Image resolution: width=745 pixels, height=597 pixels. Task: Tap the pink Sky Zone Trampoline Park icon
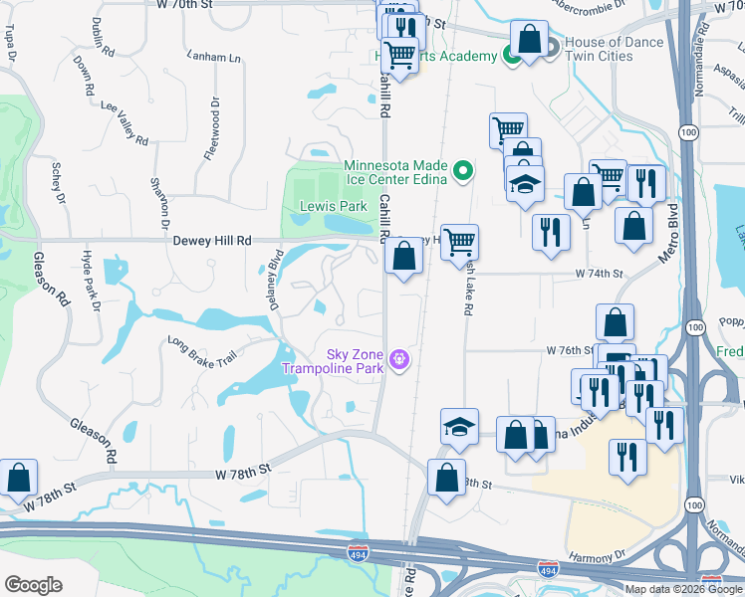coord(399,357)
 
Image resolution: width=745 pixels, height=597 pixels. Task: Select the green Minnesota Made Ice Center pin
coord(462,173)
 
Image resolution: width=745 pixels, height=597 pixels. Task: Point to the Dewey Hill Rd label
coord(212,241)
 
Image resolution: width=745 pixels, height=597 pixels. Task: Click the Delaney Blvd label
coord(276,280)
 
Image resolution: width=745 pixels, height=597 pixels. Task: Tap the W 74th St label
coord(598,273)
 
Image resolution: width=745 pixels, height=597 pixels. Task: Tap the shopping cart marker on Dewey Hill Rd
coord(459,241)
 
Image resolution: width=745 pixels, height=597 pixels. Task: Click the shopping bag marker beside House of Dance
coord(529,41)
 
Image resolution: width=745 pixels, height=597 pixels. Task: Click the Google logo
coord(33,584)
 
